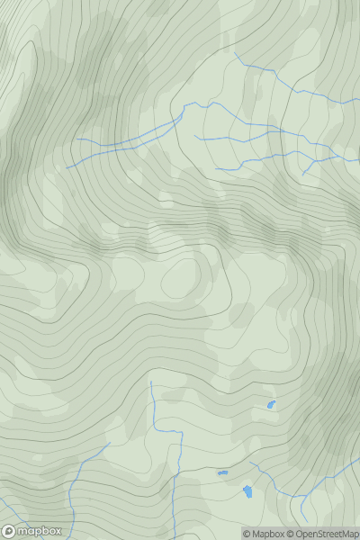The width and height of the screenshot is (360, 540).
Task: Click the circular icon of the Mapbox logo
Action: (x=9, y=531)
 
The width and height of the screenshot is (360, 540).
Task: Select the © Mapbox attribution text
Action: (x=263, y=534)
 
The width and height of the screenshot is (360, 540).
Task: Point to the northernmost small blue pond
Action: (x=271, y=406)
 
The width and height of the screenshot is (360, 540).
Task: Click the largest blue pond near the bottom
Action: (x=247, y=491)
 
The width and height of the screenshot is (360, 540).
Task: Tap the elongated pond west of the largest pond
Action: (x=222, y=472)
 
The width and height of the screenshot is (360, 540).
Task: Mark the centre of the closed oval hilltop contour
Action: (x=180, y=279)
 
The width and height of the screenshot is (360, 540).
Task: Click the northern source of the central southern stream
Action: (x=151, y=382)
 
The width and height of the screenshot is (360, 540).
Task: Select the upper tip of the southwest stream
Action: (x=109, y=443)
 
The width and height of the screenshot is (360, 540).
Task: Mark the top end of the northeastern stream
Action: (x=235, y=52)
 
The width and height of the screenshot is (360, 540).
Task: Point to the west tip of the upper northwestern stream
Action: (x=77, y=139)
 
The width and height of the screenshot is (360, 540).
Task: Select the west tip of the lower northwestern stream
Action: (x=65, y=167)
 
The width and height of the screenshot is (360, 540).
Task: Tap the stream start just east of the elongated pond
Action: (x=250, y=463)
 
